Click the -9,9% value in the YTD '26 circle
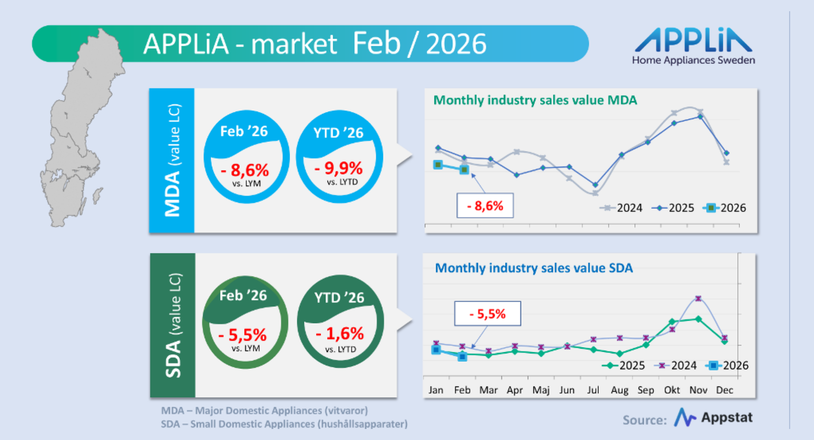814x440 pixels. (x=339, y=168)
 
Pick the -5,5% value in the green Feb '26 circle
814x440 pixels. (x=242, y=335)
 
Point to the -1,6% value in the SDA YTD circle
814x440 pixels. (x=340, y=334)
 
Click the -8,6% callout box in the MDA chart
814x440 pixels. (x=485, y=206)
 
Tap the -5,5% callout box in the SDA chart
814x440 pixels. (x=487, y=314)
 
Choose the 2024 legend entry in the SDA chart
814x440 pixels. (x=676, y=365)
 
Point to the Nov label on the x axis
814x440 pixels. (x=698, y=390)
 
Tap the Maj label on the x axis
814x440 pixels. (x=541, y=390)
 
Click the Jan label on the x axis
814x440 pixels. (x=436, y=390)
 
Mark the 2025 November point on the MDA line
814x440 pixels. (x=700, y=117)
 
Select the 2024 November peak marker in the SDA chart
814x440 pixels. (x=698, y=298)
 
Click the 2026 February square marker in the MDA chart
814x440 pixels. (x=464, y=170)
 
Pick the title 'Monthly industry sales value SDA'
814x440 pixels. (x=534, y=268)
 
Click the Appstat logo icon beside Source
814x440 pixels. (x=684, y=417)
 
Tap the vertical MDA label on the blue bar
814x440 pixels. (x=172, y=195)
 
